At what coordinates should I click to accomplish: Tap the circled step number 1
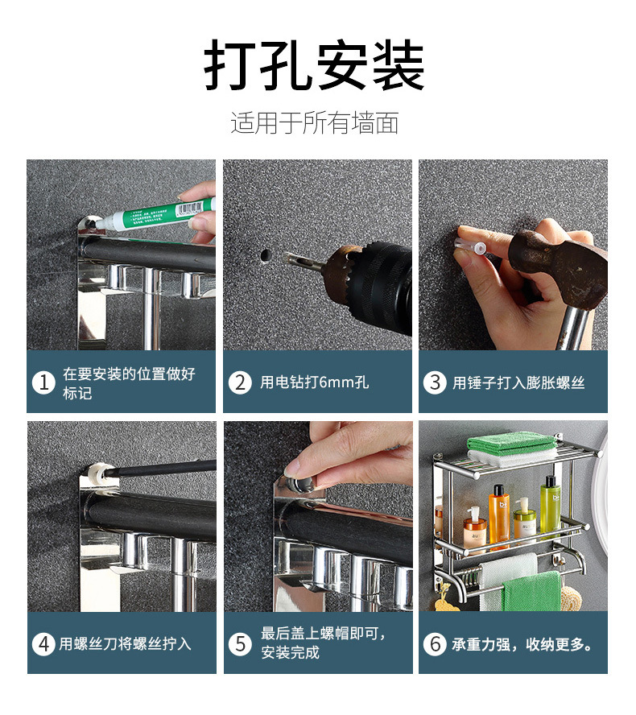(43, 382)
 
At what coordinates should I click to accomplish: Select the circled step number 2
(240, 382)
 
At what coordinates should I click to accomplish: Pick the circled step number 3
(436, 382)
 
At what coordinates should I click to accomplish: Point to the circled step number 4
(43, 643)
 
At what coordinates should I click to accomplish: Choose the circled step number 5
(240, 643)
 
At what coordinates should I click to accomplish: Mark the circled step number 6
(436, 643)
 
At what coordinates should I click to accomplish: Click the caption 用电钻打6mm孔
(315, 382)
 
